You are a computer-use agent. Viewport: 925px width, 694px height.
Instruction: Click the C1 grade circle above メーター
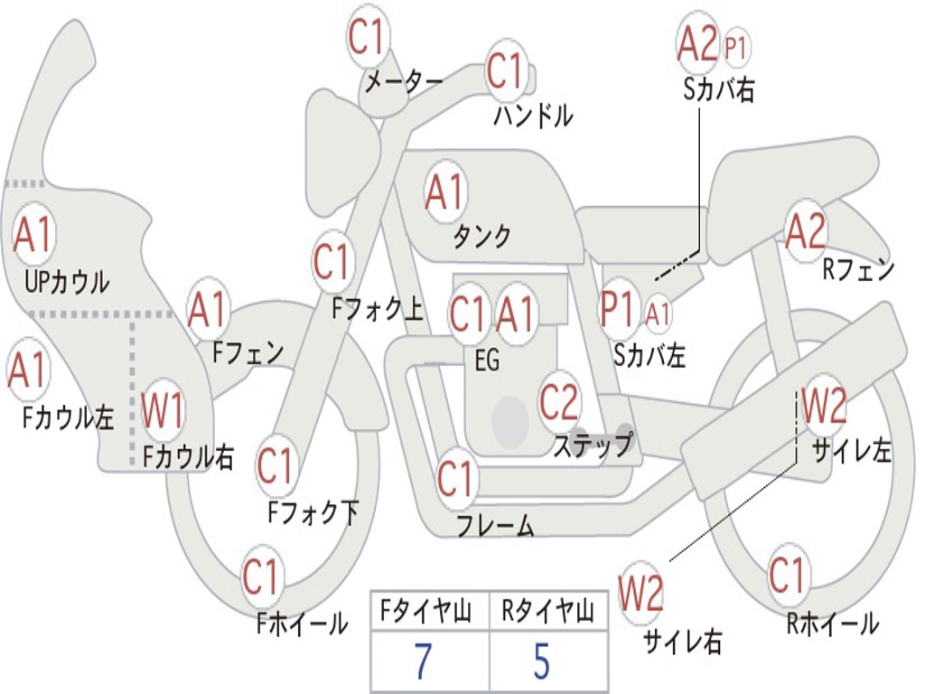coord(368,37)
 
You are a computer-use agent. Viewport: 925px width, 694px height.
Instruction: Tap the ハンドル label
coord(533,115)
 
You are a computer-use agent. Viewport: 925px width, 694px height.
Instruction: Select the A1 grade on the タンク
coord(444,192)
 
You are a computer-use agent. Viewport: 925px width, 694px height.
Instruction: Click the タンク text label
coord(481,237)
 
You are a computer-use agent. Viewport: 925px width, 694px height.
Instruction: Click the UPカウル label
coord(67,282)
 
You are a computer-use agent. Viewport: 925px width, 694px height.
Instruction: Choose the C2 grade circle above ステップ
coord(559,401)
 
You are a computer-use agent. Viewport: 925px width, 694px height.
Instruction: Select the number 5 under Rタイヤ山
coord(541,662)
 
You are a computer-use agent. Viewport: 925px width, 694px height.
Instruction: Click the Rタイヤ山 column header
coord(547,614)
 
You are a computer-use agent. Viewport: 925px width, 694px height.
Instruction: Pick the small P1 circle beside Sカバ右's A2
coord(737,47)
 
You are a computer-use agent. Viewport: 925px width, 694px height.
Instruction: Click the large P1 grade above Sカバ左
coord(620,309)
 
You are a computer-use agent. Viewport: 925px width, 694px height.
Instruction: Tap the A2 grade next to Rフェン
coord(805,231)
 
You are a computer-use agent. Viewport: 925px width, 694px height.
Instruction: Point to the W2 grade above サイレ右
coord(640,593)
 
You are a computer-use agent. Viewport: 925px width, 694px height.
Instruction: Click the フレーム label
coord(495,525)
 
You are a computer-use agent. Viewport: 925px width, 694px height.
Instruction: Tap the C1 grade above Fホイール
coord(262,577)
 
